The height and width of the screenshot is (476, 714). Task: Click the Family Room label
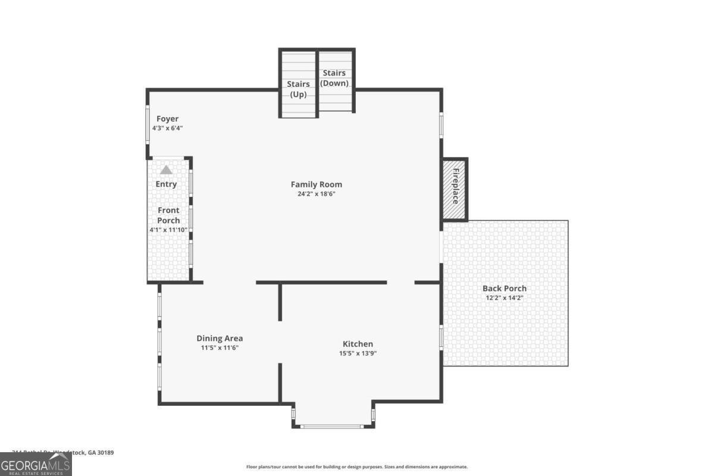click(x=316, y=184)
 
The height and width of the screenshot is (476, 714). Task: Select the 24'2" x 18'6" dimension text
click(x=316, y=194)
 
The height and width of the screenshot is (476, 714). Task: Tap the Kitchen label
click(x=358, y=344)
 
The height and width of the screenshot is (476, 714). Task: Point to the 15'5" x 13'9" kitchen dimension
click(x=358, y=353)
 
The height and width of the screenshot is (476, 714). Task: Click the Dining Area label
click(x=220, y=339)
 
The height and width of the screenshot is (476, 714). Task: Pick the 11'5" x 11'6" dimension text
click(x=220, y=348)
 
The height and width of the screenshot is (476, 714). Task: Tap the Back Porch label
click(x=504, y=289)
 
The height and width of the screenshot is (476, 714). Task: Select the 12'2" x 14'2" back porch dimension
click(x=504, y=298)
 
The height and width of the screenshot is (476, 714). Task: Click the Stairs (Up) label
click(x=298, y=89)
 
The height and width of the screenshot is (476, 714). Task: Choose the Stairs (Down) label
click(x=334, y=78)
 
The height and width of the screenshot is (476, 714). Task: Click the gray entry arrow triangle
click(x=166, y=170)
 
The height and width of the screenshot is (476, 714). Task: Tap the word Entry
click(x=166, y=184)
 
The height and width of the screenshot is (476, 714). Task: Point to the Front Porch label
click(x=168, y=215)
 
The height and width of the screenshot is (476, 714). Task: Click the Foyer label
click(x=167, y=119)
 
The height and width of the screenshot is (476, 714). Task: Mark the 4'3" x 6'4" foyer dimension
click(x=167, y=128)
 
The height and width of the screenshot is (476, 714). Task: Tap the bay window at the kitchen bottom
click(x=333, y=426)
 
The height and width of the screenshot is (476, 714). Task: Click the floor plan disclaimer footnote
click(x=357, y=467)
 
